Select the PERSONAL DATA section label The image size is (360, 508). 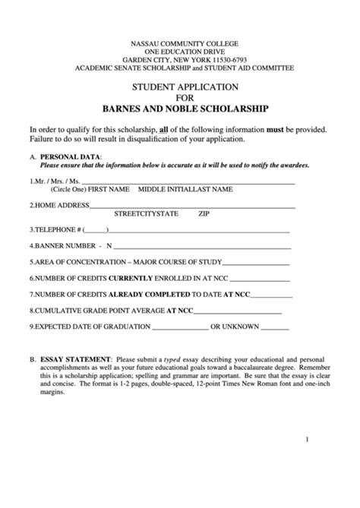point(67,156)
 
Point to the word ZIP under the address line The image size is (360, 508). point(204,214)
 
